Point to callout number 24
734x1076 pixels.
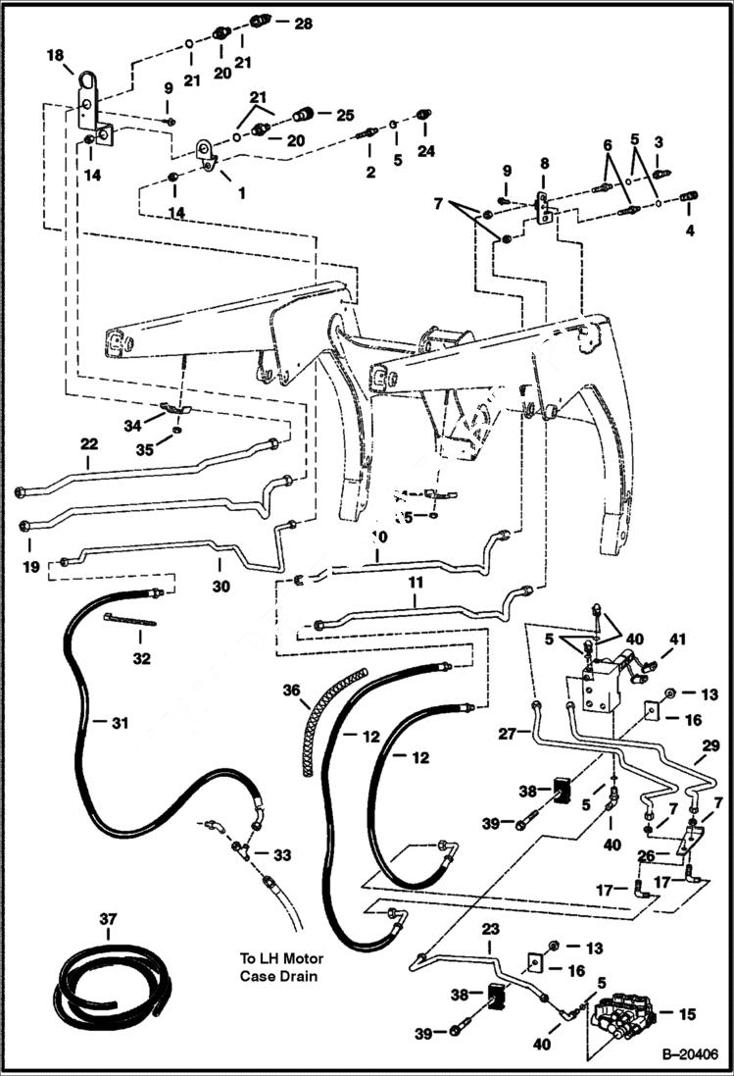(424, 151)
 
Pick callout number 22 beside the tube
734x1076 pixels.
(88, 444)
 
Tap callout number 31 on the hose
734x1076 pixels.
(119, 723)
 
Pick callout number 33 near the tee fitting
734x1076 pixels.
(282, 855)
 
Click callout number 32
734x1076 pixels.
(142, 658)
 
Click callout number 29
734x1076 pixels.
(710, 747)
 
